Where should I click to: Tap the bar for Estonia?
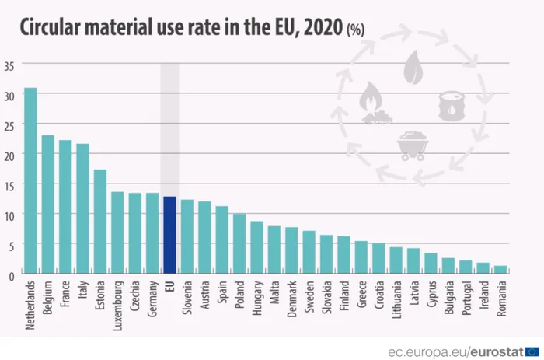(x=100, y=222)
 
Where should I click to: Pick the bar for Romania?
(x=500, y=269)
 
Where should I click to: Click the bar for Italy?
(x=82, y=208)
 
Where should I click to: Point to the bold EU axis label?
(x=169, y=286)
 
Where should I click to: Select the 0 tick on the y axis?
(x=12, y=274)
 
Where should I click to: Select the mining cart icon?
(x=411, y=144)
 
